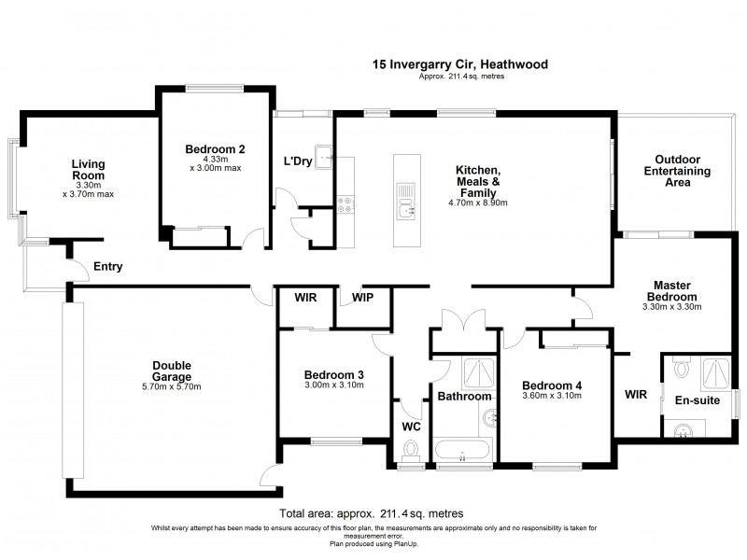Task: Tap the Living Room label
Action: (89, 170)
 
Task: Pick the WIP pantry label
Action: (363, 300)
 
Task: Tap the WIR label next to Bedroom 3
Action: (304, 300)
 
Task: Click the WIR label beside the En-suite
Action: (635, 394)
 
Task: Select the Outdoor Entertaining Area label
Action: (678, 171)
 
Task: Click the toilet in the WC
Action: (407, 451)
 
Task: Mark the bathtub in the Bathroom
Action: (462, 452)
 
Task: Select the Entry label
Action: (107, 267)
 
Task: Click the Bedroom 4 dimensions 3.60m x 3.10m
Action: (551, 396)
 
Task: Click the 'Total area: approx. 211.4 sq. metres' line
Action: (371, 513)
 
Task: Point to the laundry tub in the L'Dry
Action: (323, 156)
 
